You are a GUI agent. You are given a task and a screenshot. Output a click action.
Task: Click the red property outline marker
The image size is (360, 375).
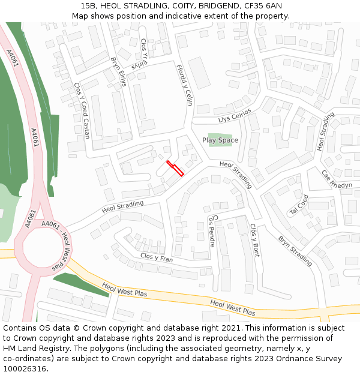pyautogui.click(x=175, y=168)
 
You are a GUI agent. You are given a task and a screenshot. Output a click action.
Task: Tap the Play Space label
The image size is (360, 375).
pyautogui.click(x=220, y=140)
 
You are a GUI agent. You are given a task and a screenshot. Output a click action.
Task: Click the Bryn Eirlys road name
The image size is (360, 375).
pyautogui.click(x=118, y=72)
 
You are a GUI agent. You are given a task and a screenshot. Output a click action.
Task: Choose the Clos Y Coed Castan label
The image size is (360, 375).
pyautogui.click(x=82, y=112)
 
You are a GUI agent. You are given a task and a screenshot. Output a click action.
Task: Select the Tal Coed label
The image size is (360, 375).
pyautogui.click(x=299, y=205)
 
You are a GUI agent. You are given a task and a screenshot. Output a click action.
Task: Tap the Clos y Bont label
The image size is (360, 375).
pyautogui.click(x=255, y=240)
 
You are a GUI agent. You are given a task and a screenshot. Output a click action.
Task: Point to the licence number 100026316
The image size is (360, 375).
pyautogui.click(x=25, y=368)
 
